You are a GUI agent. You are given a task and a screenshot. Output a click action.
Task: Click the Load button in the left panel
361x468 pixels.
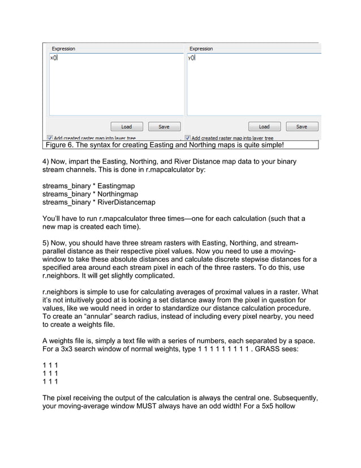tap(126, 126)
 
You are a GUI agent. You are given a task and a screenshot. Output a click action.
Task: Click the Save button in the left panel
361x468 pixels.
tap(164, 126)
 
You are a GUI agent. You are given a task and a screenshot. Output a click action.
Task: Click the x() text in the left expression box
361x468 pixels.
tap(53, 58)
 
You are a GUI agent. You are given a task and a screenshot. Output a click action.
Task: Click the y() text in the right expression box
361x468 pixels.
tap(191, 58)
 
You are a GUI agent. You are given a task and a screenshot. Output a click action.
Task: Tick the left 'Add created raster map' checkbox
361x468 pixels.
tap(50, 138)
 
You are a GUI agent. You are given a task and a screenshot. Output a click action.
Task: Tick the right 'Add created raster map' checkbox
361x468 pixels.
tap(188, 138)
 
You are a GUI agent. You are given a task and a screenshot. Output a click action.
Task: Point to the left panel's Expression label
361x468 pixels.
tap(63, 49)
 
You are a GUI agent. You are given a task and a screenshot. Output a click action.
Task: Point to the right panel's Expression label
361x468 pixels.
tap(201, 49)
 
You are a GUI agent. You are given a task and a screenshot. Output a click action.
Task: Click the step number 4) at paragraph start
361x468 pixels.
tap(46, 161)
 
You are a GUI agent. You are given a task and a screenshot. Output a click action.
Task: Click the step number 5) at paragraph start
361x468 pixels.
tap(46, 242)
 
